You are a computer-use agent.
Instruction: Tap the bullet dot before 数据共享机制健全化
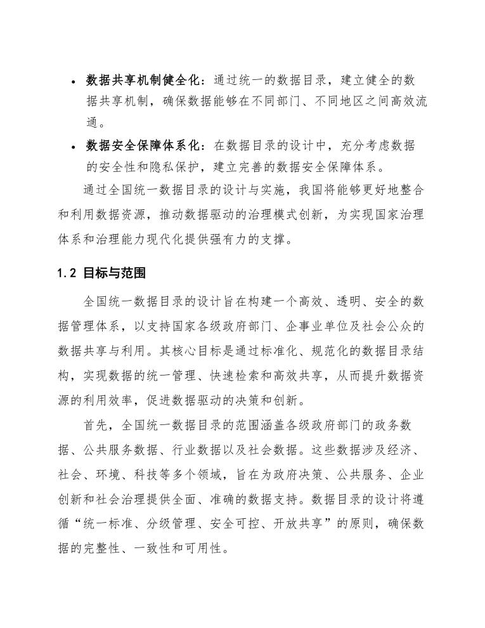pyautogui.click(x=74, y=82)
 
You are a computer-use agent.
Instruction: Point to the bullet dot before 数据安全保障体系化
pyautogui.click(x=74, y=147)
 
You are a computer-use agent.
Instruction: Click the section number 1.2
pyautogui.click(x=67, y=273)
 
